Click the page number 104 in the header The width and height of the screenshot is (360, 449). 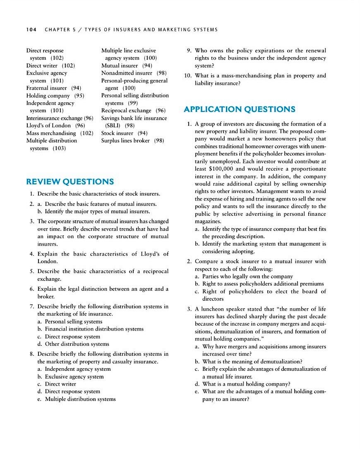point(31,29)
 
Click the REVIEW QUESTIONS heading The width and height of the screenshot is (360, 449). point(70,181)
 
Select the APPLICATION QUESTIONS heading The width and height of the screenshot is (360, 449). point(239,109)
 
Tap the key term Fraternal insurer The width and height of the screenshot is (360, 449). point(46,88)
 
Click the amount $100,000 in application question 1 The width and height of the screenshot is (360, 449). point(222,169)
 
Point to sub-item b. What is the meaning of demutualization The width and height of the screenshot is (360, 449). point(252,361)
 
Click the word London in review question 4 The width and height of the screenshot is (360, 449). point(48,261)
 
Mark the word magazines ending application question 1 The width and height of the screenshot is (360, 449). point(208,221)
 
